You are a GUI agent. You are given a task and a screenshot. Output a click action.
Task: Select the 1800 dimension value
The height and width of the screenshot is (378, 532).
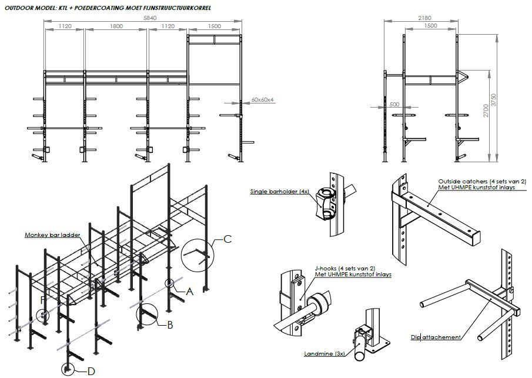click(x=116, y=26)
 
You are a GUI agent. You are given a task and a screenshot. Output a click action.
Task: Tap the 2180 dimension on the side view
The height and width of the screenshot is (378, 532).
click(x=424, y=19)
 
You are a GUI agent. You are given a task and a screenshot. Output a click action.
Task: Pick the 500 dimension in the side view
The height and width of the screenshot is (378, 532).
click(x=394, y=104)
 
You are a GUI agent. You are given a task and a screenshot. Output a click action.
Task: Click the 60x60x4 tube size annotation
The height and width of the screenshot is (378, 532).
click(x=263, y=100)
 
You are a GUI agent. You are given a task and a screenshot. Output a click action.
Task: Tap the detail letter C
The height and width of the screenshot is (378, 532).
click(x=228, y=238)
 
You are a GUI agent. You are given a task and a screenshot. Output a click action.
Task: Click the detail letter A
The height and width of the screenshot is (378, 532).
click(x=189, y=291)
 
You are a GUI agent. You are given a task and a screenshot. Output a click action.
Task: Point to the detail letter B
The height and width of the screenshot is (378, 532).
click(x=169, y=325)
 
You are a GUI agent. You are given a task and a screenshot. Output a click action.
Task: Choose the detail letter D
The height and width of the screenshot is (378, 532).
click(x=91, y=370)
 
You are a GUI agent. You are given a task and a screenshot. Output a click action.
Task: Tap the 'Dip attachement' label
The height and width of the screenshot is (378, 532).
click(x=436, y=337)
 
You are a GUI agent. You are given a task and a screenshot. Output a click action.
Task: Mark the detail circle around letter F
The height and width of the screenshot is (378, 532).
click(x=43, y=315)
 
